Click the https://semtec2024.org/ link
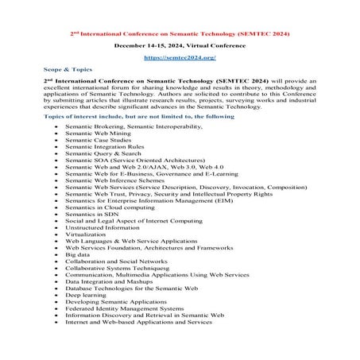[x=180, y=58]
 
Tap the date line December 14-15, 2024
[x=180, y=46]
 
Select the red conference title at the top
[x=180, y=34]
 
